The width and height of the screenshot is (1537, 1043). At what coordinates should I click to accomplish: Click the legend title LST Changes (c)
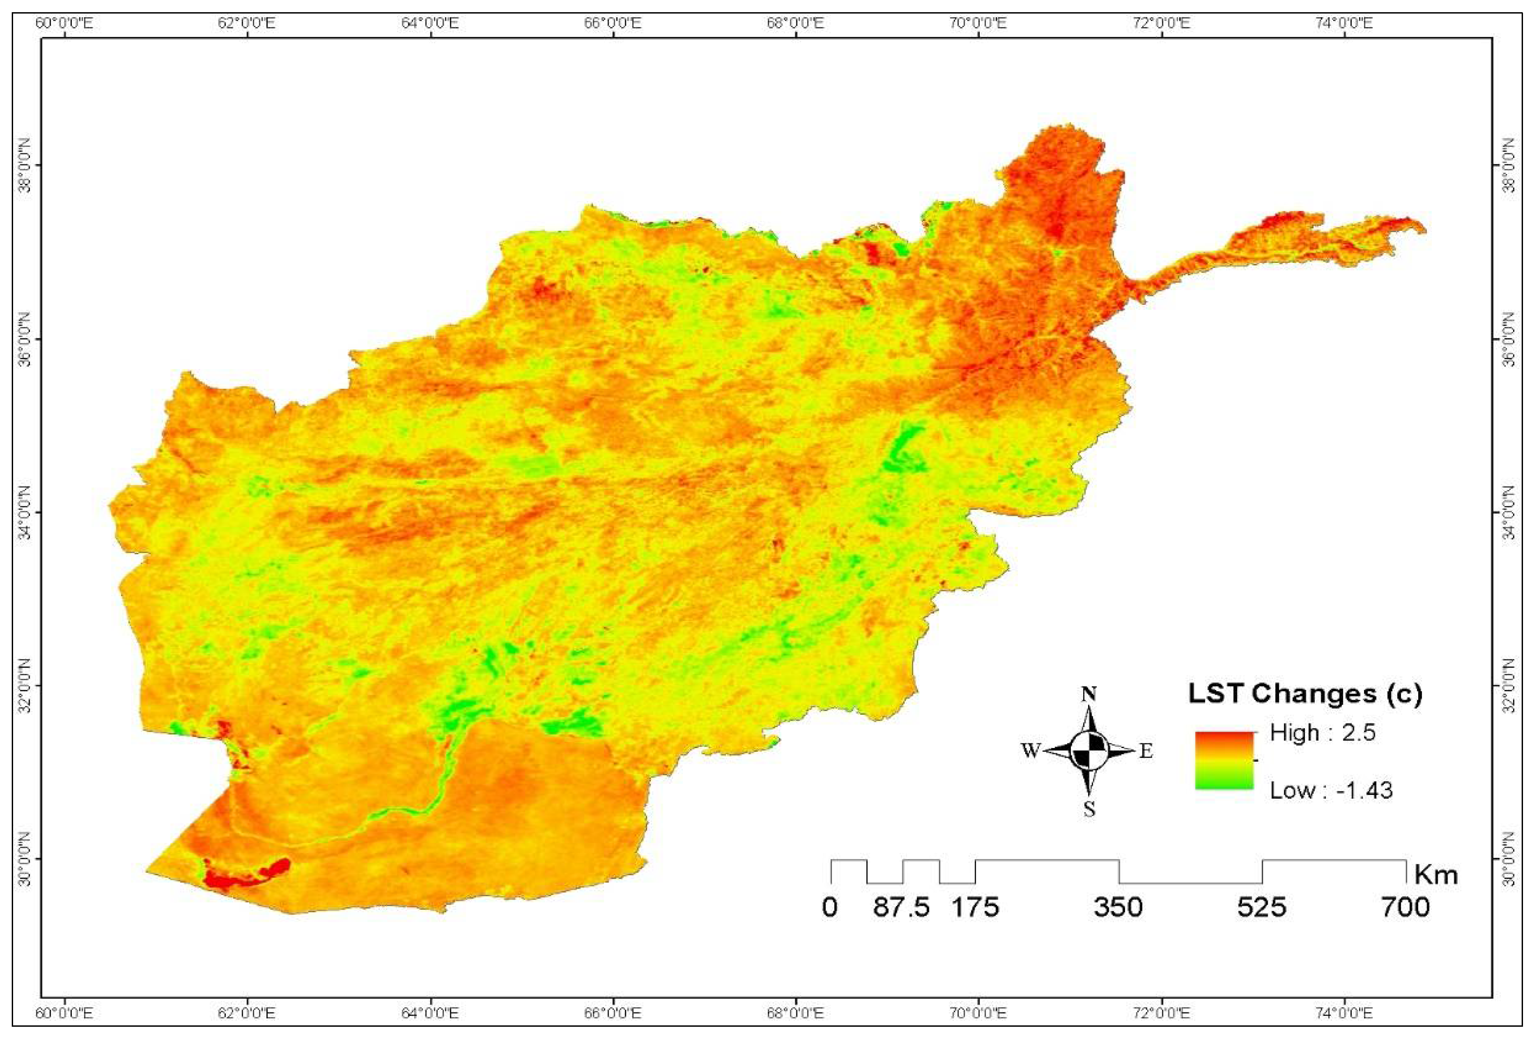(x=1305, y=694)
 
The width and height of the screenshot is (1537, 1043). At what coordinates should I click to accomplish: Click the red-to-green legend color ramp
(x=1224, y=761)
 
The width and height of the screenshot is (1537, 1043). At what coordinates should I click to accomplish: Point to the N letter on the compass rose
(x=1089, y=694)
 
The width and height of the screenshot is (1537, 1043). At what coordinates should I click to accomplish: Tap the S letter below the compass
(x=1089, y=809)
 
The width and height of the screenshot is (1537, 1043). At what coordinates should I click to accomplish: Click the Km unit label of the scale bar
(x=1436, y=875)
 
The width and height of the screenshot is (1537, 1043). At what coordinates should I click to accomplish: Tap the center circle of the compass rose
(x=1089, y=751)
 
